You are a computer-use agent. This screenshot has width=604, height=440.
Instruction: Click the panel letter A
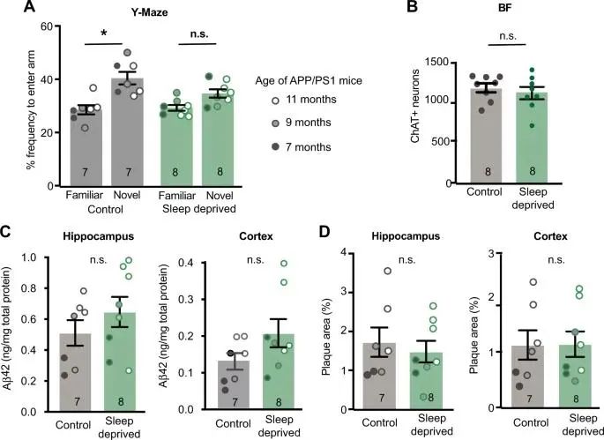[8, 8]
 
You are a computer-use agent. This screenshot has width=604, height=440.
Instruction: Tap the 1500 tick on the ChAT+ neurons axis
[435, 63]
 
